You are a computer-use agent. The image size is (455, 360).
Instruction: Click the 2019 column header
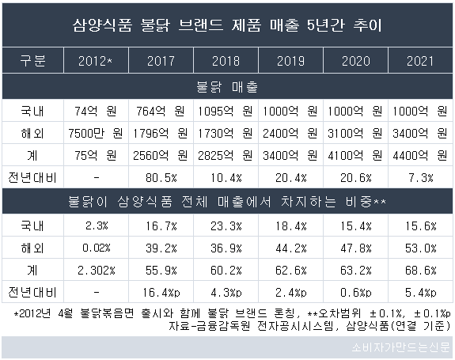tap(290, 61)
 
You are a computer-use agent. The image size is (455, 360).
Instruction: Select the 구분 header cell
tap(32, 61)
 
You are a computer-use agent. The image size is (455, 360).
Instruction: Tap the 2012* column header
tap(96, 61)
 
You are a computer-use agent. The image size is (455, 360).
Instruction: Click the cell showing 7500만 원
tap(96, 134)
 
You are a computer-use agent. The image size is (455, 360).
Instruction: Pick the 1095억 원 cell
tap(226, 111)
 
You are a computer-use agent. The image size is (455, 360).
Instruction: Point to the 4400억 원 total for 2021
tap(420, 156)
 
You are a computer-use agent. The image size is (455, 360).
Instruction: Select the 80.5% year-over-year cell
tap(161, 178)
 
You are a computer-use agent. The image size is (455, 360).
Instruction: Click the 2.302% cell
tap(97, 271)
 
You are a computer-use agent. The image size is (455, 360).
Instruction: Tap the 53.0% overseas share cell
tap(421, 248)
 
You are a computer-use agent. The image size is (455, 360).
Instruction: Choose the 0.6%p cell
tap(356, 293)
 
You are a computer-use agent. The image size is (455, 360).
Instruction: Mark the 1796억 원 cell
tap(160, 134)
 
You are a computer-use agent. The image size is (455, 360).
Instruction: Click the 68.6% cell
tap(421, 271)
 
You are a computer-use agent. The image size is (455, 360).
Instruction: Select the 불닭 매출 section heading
tap(227, 87)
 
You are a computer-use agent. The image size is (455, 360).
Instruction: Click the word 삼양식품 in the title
tap(102, 25)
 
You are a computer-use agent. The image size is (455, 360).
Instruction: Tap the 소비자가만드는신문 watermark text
tap(400, 347)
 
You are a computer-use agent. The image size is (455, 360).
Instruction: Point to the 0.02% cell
tap(97, 248)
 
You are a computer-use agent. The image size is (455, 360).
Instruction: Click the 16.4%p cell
tap(161, 293)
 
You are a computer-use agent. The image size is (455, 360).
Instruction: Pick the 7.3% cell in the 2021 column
tap(421, 178)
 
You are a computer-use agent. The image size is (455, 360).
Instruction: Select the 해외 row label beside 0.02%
tap(32, 248)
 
